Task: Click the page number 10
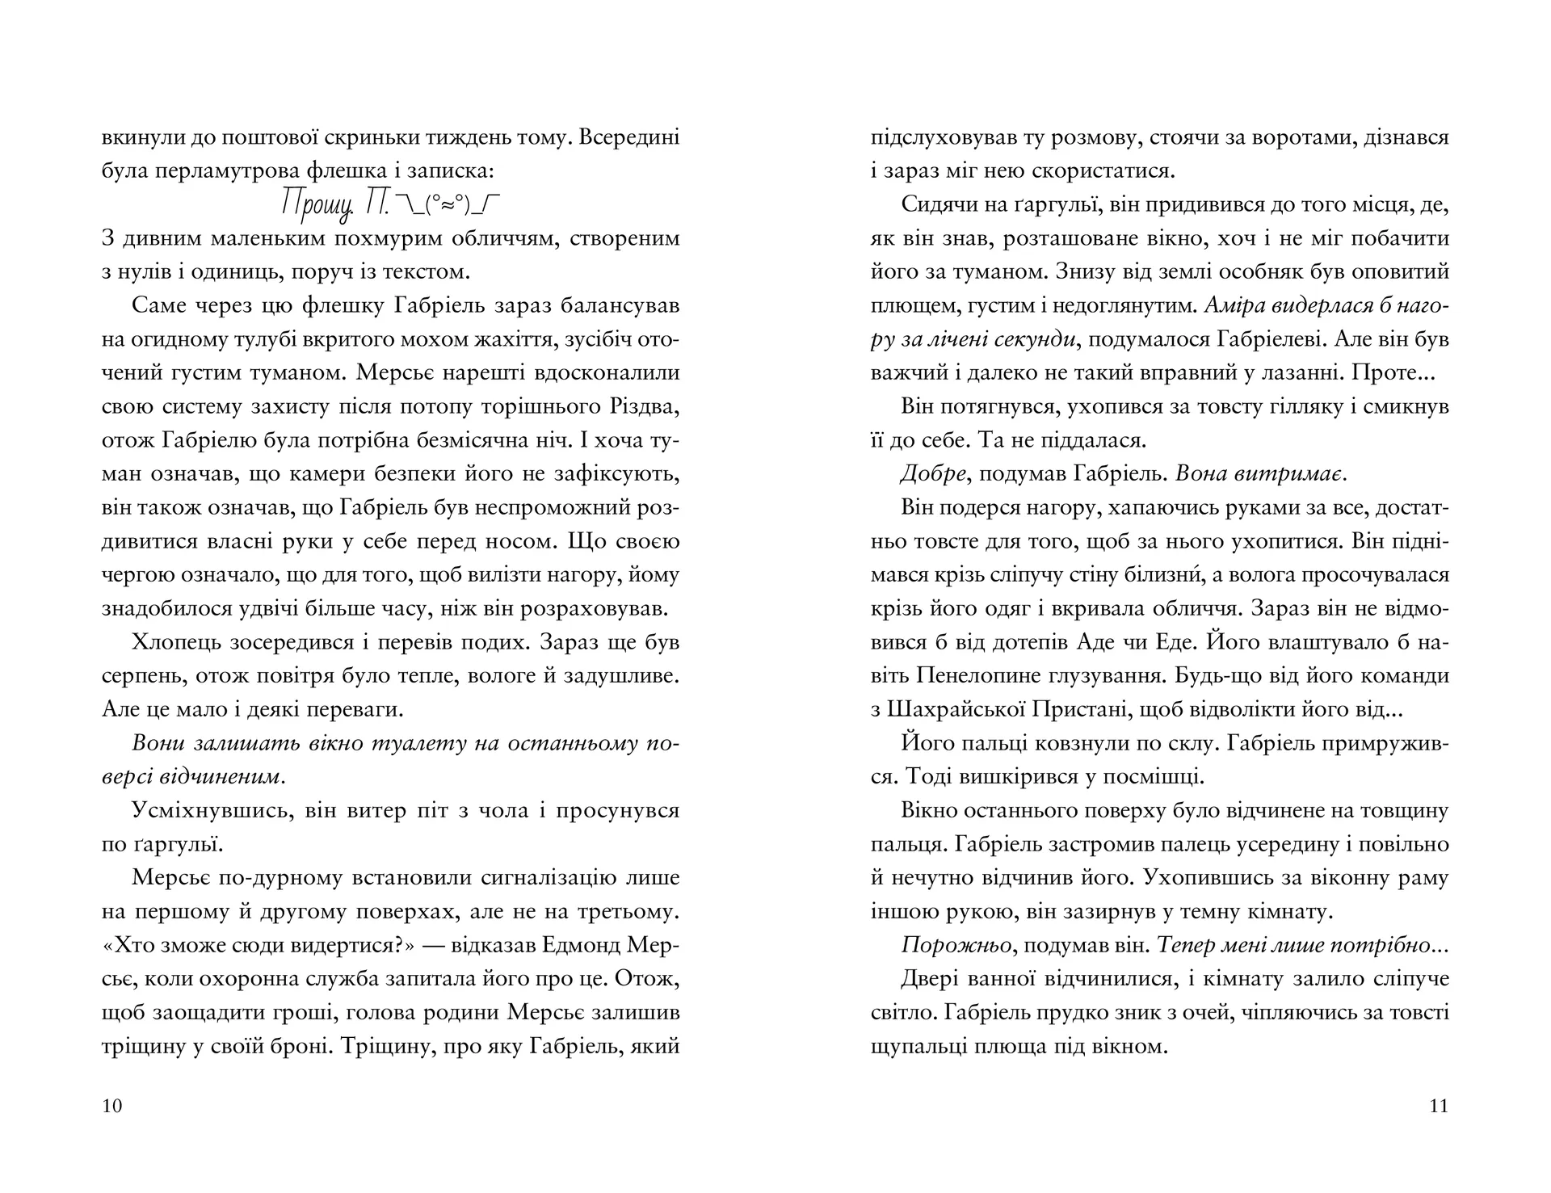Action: click(112, 1106)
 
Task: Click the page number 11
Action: click(1439, 1106)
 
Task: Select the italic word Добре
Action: click(933, 474)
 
